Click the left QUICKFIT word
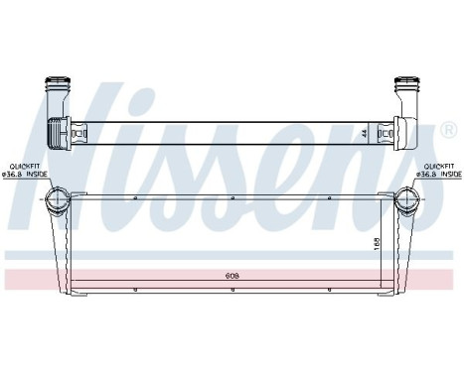(26, 167)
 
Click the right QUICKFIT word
(438, 167)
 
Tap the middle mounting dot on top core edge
(232, 197)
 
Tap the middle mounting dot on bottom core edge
(232, 291)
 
